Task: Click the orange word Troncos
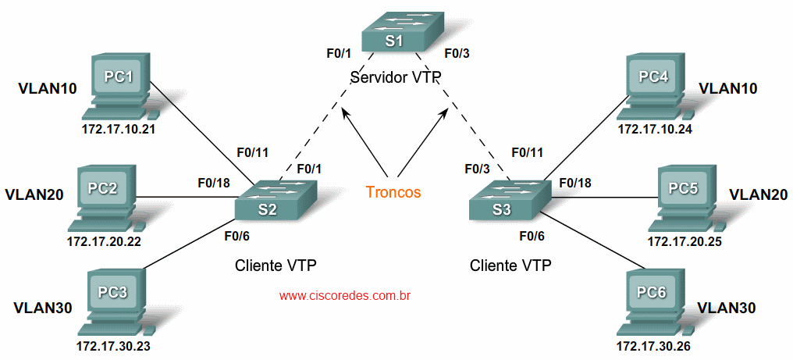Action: coord(393,192)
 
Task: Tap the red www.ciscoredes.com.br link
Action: coord(345,296)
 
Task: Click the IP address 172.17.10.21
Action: coord(119,129)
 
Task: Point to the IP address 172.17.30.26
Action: coord(653,345)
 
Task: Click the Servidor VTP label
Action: coord(396,77)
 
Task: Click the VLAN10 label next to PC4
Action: coord(728,88)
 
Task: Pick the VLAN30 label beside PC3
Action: coord(43,308)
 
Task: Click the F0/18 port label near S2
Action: coord(214,184)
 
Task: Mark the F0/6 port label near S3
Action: coord(532,234)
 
